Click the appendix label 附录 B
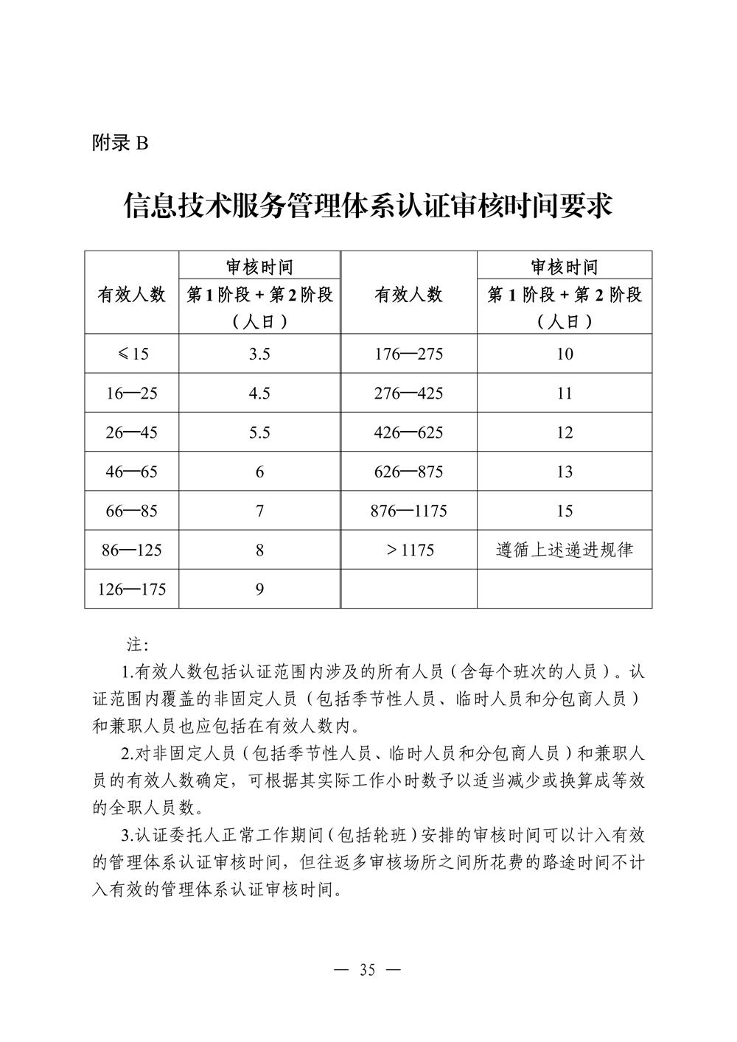[x=120, y=143]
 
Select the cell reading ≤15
[x=132, y=354]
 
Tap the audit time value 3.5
[x=259, y=354]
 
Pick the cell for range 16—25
[x=132, y=394]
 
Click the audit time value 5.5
[x=259, y=433]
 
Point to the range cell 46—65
[x=132, y=472]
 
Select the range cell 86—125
[x=132, y=550]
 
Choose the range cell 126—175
[x=132, y=589]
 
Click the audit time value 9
[x=259, y=589]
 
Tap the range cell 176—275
[x=409, y=354]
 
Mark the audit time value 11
[x=565, y=394]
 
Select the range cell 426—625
[x=409, y=433]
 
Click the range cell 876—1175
[x=409, y=511]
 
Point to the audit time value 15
[x=565, y=511]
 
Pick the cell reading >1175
[x=409, y=550]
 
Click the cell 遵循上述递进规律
[x=565, y=550]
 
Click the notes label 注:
[x=138, y=645]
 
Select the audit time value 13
[x=565, y=472]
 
